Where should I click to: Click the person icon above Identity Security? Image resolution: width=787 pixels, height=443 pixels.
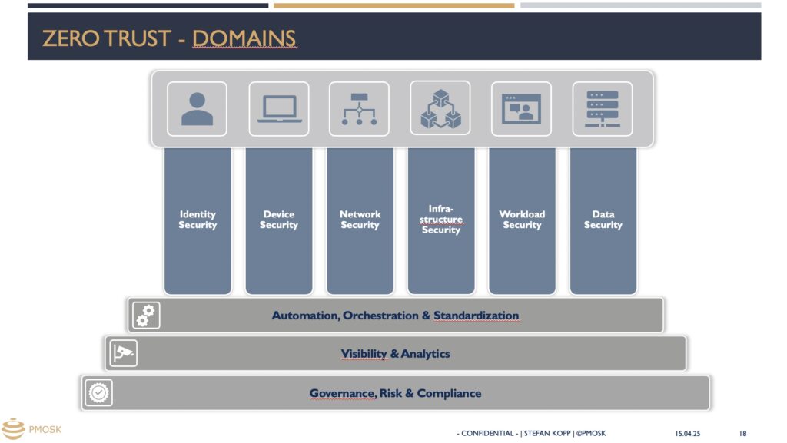click(x=197, y=109)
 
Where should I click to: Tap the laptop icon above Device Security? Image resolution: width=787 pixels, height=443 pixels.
click(x=279, y=109)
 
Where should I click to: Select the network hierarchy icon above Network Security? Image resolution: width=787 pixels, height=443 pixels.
click(x=360, y=109)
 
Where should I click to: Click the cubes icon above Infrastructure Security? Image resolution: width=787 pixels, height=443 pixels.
click(x=440, y=108)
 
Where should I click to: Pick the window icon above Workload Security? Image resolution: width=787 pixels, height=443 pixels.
click(x=522, y=109)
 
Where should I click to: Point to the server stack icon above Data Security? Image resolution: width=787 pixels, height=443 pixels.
click(x=603, y=109)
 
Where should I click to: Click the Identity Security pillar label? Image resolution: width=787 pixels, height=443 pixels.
click(x=198, y=220)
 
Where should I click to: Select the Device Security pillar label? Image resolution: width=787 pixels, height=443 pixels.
click(x=278, y=220)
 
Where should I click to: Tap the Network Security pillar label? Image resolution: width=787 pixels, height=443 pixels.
click(x=360, y=220)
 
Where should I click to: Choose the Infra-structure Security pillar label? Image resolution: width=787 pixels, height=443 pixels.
click(x=441, y=219)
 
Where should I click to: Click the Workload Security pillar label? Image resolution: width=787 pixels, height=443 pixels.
click(x=522, y=220)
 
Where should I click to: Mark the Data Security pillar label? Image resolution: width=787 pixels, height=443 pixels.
click(x=603, y=220)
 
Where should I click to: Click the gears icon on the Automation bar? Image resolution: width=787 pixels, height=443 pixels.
click(x=146, y=316)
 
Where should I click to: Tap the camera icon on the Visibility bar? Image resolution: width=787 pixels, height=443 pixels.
click(x=124, y=353)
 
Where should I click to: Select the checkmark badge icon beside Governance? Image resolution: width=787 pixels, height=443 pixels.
click(x=99, y=393)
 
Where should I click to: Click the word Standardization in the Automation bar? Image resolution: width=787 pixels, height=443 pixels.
click(x=477, y=316)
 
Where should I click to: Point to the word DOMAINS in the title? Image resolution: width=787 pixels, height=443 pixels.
click(x=244, y=38)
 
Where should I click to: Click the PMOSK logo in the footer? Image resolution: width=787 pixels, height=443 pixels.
click(x=32, y=429)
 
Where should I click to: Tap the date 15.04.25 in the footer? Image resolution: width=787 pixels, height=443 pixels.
click(x=688, y=434)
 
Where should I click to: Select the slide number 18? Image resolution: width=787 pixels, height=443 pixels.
click(x=743, y=434)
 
